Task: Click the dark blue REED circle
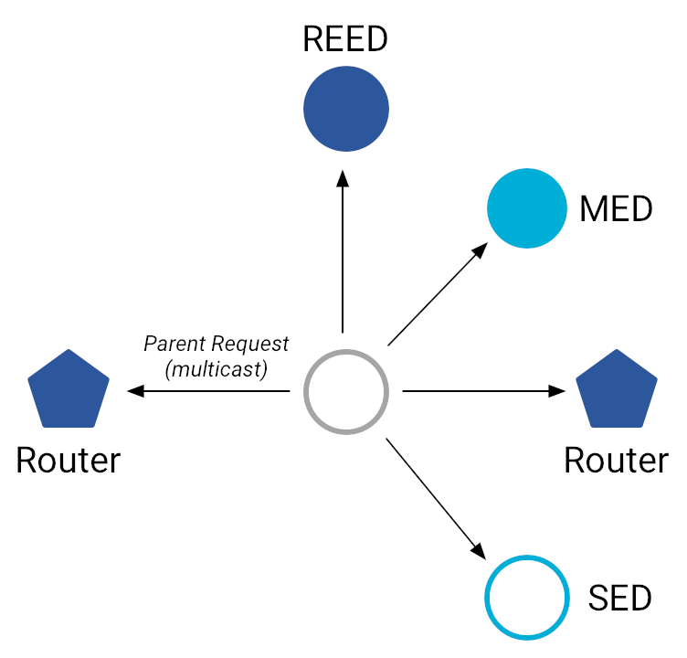pos(345,109)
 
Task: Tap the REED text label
pos(345,39)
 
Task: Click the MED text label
pos(617,209)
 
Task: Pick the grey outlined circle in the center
pos(345,392)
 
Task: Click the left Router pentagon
pos(69,390)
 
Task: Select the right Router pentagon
pos(617,390)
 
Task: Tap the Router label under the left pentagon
pos(69,461)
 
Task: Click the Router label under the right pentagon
pos(616,461)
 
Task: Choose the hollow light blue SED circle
pos(527,598)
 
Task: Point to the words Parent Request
pos(216,345)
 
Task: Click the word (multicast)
pos(216,369)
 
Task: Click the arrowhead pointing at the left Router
pos(135,392)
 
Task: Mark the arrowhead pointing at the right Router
pos(556,392)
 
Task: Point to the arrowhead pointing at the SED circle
pos(478,551)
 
